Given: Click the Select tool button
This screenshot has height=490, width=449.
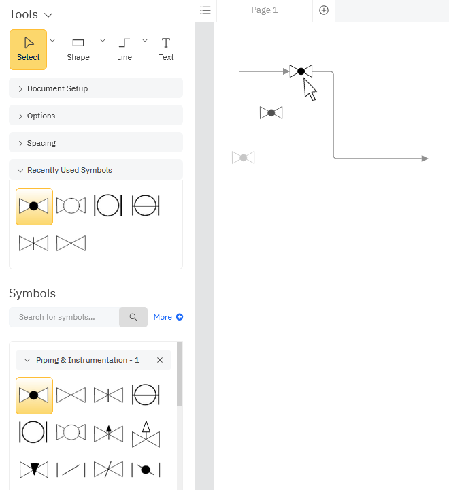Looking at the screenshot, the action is click(28, 50).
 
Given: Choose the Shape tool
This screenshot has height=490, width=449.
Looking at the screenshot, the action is click(78, 50).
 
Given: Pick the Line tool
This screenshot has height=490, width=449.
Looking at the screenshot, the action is click(124, 50).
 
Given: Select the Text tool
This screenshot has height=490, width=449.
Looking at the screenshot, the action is click(166, 50).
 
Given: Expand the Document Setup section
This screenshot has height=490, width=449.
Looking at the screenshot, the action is click(96, 88).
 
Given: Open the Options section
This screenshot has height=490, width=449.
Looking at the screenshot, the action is click(96, 116).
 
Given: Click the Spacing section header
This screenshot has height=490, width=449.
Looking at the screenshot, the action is click(96, 143).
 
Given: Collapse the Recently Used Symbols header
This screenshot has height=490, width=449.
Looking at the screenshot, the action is click(96, 170).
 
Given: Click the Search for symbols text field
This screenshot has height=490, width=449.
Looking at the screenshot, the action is click(64, 317).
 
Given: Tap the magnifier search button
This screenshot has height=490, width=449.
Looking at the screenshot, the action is click(133, 317).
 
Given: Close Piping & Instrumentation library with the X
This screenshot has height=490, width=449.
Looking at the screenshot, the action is click(160, 360).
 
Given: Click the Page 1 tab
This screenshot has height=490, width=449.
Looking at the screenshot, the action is click(265, 10).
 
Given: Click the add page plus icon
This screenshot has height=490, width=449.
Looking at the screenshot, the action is click(324, 10).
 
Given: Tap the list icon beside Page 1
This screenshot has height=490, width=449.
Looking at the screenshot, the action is click(205, 10).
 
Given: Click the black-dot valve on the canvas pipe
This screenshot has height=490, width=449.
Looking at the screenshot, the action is click(301, 71).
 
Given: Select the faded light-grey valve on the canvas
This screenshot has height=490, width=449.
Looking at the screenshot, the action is click(243, 157).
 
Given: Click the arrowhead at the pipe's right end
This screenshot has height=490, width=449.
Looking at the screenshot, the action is click(425, 159).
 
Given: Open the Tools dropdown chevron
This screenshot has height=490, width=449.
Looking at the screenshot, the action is click(48, 15).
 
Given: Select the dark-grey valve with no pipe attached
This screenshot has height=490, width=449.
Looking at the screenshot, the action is click(271, 113).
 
